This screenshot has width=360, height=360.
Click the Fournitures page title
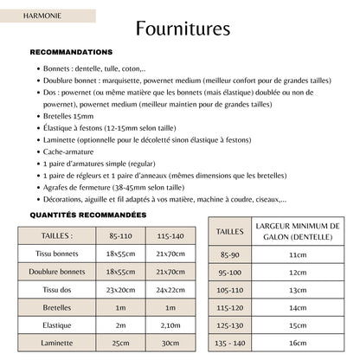click(182, 29)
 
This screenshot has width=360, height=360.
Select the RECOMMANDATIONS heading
click(71, 52)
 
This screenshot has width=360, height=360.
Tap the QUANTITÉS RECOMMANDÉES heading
click(88, 215)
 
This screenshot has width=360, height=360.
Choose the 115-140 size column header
click(170, 235)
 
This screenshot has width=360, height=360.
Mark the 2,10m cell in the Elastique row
click(170, 325)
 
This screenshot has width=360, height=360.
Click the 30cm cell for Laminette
click(170, 343)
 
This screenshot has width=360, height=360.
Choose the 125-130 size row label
click(230, 325)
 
